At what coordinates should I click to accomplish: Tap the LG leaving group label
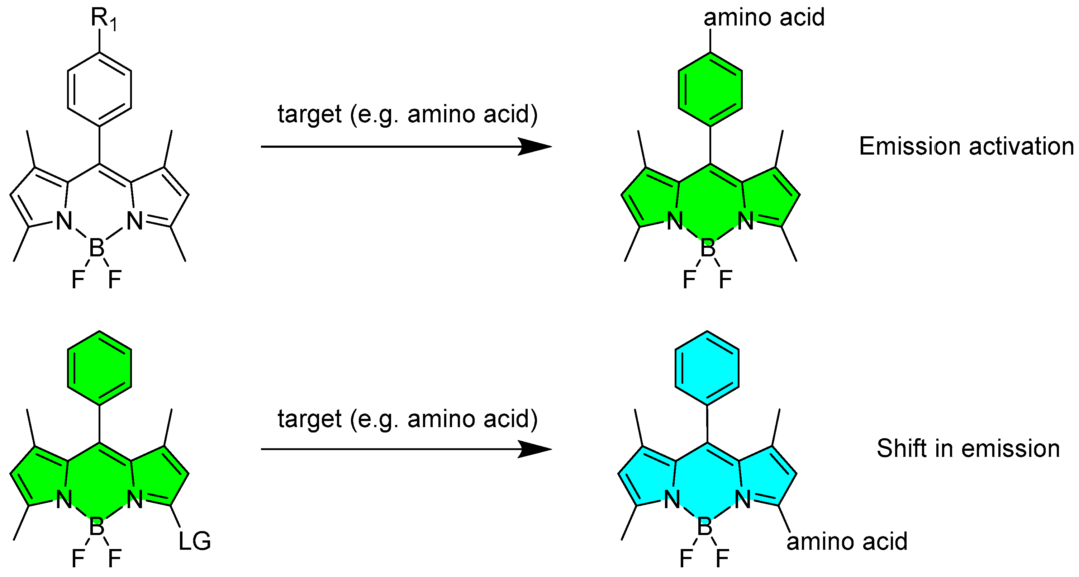click(194, 541)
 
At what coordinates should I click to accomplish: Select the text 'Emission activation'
click(966, 146)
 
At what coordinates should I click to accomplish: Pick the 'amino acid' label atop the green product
click(764, 18)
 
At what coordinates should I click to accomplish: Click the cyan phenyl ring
click(707, 368)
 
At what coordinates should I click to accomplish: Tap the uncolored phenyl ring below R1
click(99, 89)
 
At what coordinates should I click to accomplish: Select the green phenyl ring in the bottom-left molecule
click(99, 368)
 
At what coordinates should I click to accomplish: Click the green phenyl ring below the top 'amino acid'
click(710, 89)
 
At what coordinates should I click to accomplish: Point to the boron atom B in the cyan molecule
click(704, 527)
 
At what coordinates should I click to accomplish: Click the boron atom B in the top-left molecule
click(97, 248)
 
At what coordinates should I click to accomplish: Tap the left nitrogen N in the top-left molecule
click(64, 221)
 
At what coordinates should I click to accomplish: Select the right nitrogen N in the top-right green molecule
click(746, 221)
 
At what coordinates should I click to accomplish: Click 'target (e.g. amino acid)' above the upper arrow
click(407, 114)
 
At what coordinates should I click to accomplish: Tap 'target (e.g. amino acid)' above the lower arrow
click(407, 418)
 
